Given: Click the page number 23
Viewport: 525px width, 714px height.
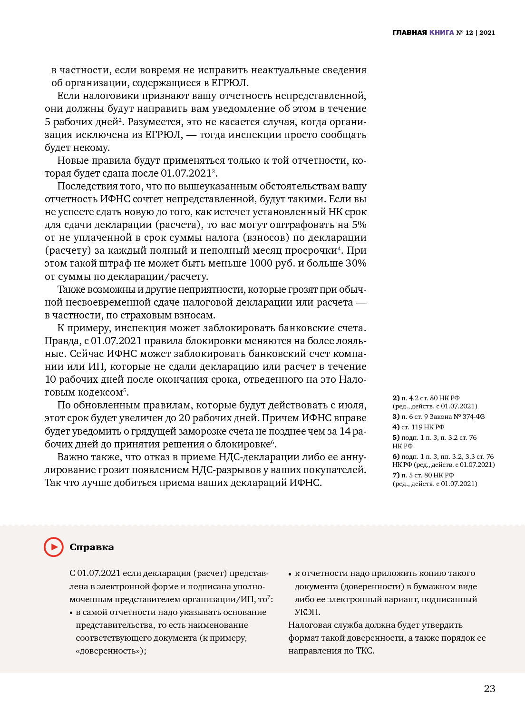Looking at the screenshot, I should click(489, 689).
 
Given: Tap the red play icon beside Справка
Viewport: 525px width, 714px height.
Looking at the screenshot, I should click(54, 547).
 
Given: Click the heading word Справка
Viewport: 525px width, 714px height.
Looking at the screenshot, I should click(92, 547).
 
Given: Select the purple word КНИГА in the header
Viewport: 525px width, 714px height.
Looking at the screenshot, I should click(441, 33).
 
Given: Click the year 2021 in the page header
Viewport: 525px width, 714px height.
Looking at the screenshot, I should click(487, 33).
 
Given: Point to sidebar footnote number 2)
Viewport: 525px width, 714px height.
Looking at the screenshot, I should click(396, 398).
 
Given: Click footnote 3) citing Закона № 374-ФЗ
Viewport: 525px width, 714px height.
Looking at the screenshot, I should click(438, 417).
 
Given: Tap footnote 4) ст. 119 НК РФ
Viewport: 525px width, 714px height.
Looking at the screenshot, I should click(418, 427).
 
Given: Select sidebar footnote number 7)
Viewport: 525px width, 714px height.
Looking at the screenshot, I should click(396, 475).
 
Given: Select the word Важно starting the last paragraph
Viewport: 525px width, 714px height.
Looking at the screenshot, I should click(73, 457).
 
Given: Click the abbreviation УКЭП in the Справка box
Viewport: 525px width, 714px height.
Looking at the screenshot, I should click(307, 612).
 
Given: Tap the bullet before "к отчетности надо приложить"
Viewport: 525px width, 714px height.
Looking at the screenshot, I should click(290, 574).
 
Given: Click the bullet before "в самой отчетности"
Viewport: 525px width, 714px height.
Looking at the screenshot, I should click(71, 613).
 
